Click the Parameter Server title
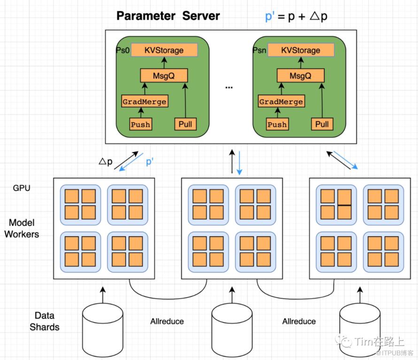[168, 16]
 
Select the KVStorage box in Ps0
[163, 50]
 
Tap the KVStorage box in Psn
[301, 50]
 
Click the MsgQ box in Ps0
[164, 76]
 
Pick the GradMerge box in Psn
[281, 101]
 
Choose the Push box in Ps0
[140, 124]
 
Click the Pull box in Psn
[322, 124]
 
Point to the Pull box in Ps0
[185, 124]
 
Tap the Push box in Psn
[277, 124]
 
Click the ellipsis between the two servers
[229, 87]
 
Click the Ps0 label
[123, 49]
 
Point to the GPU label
[21, 188]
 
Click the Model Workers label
[22, 228]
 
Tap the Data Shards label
[44, 321]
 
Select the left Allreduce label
[167, 322]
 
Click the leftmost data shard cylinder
[103, 330]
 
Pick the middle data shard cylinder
[232, 330]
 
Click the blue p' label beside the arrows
[150, 162]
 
